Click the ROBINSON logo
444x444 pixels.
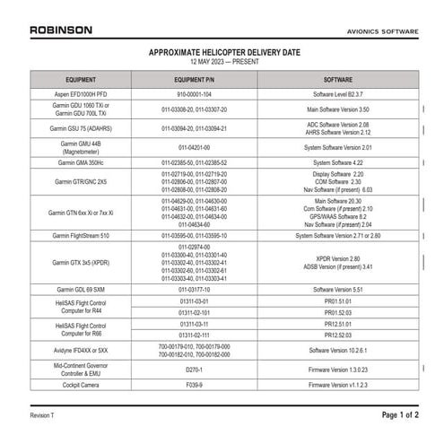[60, 30]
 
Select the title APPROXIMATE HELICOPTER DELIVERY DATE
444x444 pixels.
[222, 53]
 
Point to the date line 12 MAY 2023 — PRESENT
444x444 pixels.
[222, 63]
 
